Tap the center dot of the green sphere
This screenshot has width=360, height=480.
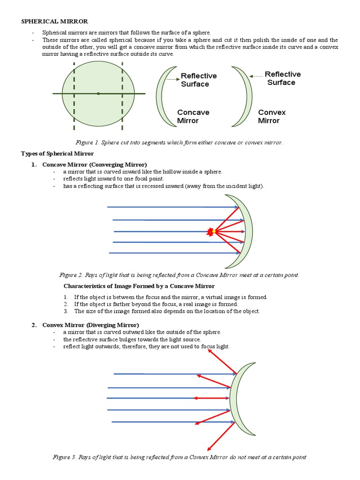click(x=98, y=94)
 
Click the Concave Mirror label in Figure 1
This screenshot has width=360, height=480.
click(x=193, y=116)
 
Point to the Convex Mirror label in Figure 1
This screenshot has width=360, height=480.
click(x=271, y=116)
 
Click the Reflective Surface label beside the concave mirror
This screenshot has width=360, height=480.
click(x=198, y=80)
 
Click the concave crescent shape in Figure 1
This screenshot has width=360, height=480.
click(x=165, y=96)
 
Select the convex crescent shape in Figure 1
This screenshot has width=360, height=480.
click(x=244, y=96)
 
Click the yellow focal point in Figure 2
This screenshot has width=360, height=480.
click(x=213, y=232)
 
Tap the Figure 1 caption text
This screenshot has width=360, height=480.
click(x=179, y=142)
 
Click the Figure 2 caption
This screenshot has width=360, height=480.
click(x=179, y=275)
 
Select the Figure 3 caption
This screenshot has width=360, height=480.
click(x=180, y=457)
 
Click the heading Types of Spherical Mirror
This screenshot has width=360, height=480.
click(x=57, y=153)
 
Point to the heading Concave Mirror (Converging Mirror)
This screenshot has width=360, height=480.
click(x=94, y=164)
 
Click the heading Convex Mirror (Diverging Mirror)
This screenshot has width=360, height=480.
click(x=90, y=324)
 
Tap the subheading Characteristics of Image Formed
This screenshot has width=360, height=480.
click(x=139, y=286)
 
